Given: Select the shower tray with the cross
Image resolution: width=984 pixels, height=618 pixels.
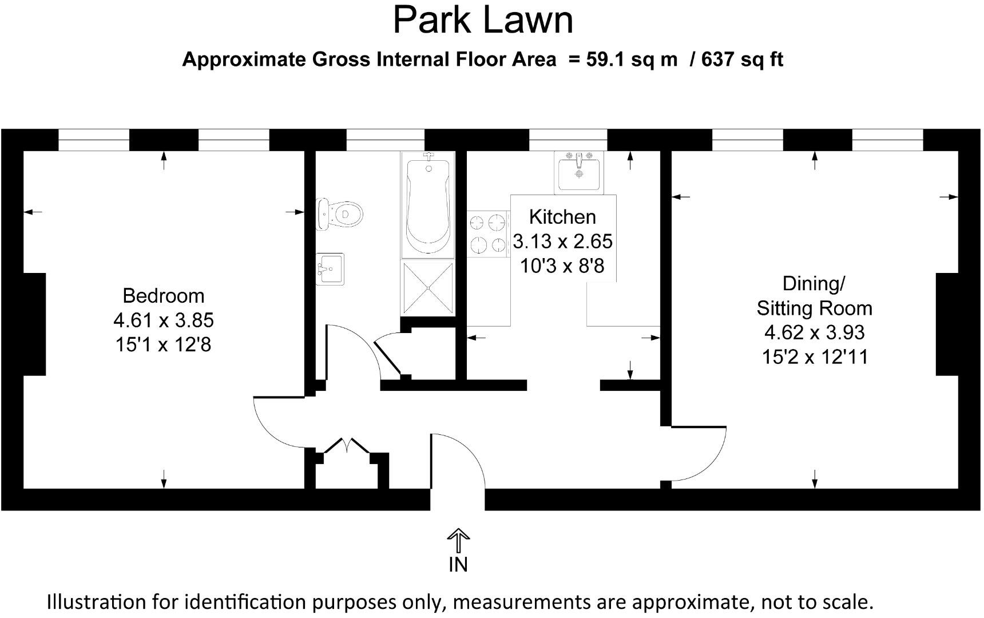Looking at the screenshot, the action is point(428,288).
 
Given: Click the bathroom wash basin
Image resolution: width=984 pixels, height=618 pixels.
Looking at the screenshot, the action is point(330,269).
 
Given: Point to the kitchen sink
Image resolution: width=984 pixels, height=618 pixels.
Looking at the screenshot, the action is point(578,172).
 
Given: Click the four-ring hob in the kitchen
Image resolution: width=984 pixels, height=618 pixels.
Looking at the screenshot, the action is point(489,233).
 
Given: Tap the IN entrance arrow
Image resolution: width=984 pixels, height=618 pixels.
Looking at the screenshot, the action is point(458,541).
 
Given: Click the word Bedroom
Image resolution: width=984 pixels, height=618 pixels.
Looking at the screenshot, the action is point(164,296).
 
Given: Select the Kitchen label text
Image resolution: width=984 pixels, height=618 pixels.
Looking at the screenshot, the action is point(562,217).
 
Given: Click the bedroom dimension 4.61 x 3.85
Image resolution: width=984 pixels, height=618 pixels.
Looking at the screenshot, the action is point(164,320).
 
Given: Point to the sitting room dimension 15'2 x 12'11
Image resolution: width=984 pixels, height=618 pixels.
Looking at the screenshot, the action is point(815,357).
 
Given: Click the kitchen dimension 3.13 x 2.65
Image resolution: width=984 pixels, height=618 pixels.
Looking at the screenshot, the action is point(562,241).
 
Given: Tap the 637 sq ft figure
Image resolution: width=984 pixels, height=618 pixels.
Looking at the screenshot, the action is point(742,59).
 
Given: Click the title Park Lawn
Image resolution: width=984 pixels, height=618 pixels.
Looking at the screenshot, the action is point(483,20).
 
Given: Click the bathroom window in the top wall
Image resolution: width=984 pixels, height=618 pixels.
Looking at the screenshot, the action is point(386,140).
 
